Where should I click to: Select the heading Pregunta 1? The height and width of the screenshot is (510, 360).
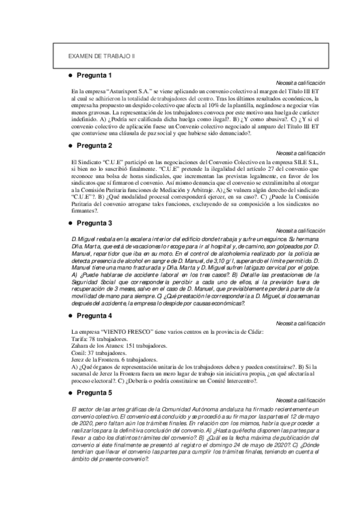tap(94, 75)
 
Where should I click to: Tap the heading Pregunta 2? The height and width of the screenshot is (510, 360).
tap(94, 146)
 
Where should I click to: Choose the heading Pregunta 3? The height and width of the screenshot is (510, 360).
tap(94, 223)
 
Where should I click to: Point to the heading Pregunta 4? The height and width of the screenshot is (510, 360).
tap(94, 316)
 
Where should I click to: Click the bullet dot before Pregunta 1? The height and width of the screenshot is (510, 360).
tap(70, 75)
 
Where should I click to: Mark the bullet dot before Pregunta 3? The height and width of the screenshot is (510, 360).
tap(70, 223)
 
